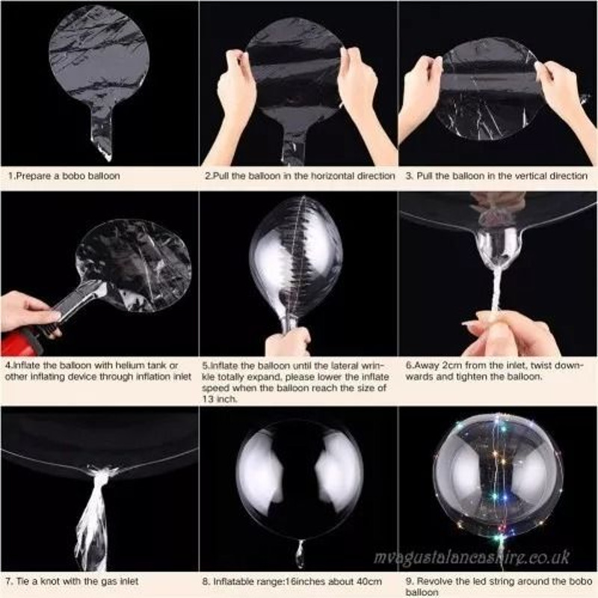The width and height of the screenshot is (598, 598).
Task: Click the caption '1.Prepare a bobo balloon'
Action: pos(64,176)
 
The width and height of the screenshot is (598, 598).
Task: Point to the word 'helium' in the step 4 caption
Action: pos(115,366)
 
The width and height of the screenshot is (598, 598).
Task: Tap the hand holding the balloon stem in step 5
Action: pos(288,342)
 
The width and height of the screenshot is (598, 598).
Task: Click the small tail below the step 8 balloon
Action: pos(300,553)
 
